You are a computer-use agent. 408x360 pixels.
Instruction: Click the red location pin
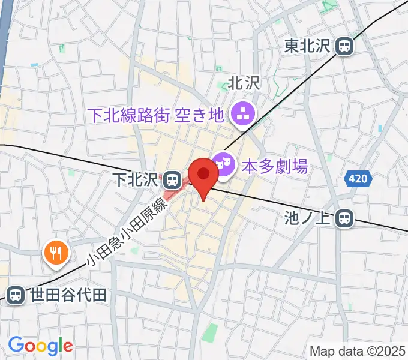pos(204,175)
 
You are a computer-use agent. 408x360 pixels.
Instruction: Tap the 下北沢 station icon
pos(172,178)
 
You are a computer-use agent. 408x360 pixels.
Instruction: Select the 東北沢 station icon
pos(344,46)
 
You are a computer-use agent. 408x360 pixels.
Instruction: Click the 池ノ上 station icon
pos(344,219)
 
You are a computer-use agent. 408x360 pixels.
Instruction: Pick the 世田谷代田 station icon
pos(16,294)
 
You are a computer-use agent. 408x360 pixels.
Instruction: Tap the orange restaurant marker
pos(56,252)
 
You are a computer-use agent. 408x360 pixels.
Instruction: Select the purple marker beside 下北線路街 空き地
pos(244,113)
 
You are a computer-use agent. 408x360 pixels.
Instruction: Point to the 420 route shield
pos(359,178)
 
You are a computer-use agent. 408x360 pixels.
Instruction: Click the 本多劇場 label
pos(274,166)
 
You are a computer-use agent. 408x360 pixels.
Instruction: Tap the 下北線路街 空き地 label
pos(155,114)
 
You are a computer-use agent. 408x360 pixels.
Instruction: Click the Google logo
pos(40,345)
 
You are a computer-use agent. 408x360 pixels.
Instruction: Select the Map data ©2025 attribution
pos(357,351)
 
